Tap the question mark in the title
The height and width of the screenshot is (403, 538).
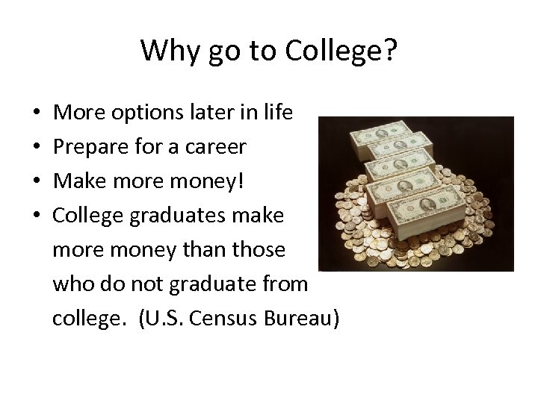(x=390, y=51)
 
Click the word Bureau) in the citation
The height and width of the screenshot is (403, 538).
(x=304, y=319)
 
